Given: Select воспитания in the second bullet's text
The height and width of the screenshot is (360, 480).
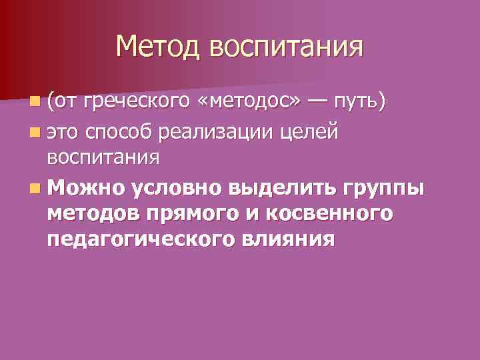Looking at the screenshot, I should click(x=103, y=158).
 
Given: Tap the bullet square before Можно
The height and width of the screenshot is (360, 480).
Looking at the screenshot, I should click(x=34, y=187).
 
